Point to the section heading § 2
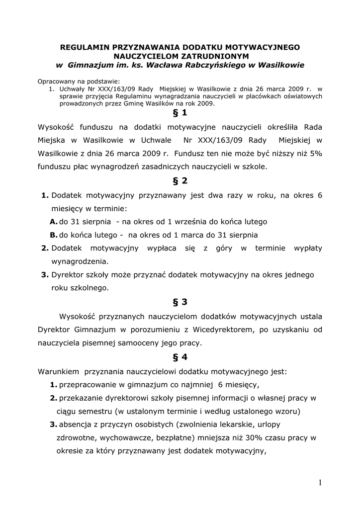click(180, 181)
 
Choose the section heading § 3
click(180, 302)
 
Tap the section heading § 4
click(180, 357)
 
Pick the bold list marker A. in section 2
click(53, 222)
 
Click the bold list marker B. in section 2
click(53, 235)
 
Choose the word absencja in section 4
click(75, 424)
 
